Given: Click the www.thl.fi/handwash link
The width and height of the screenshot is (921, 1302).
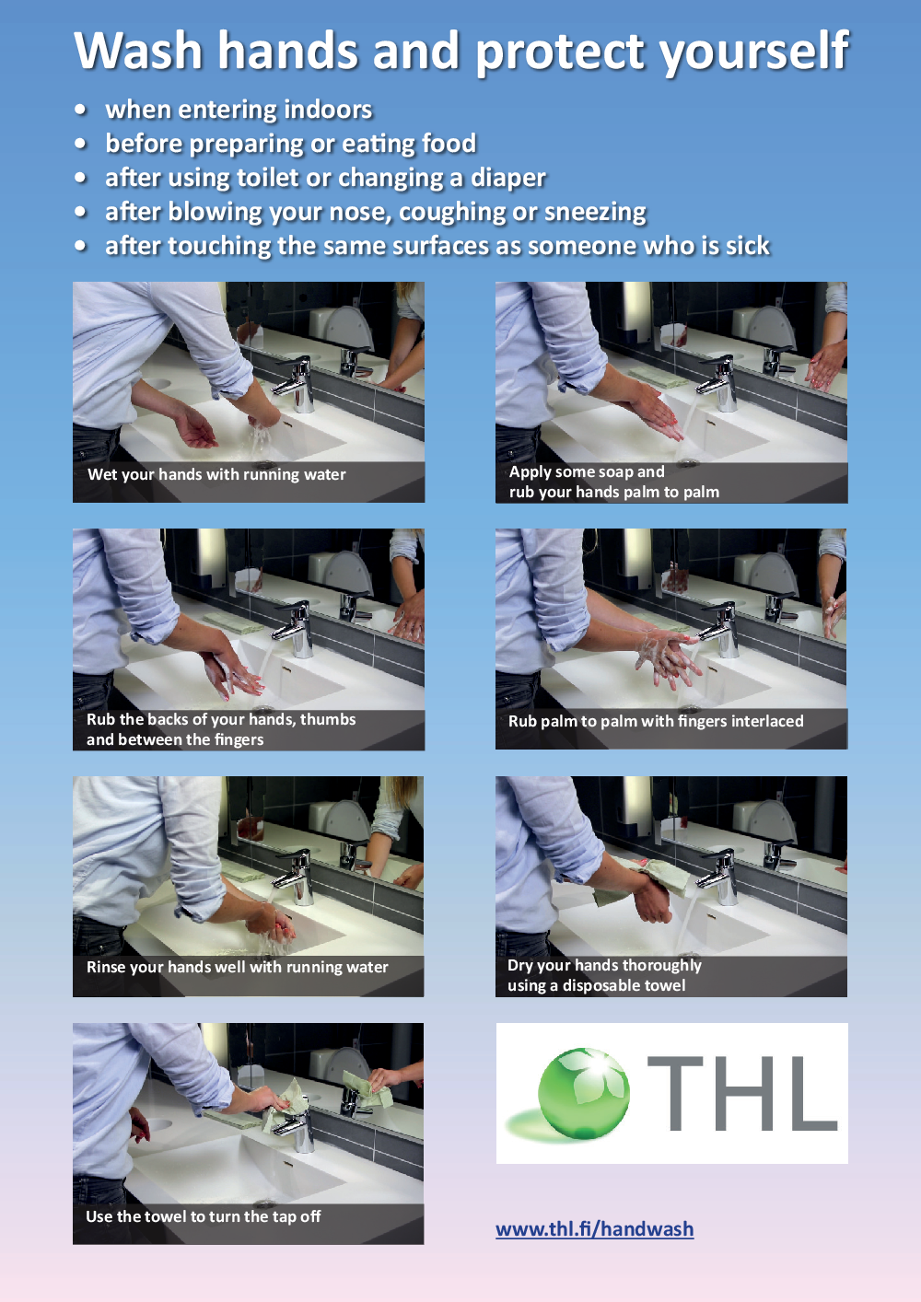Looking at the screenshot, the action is click(x=594, y=1228).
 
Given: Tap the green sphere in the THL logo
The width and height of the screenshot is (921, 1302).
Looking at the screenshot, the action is click(x=583, y=1093).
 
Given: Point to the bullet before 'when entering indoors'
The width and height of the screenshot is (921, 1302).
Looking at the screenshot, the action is click(x=81, y=110).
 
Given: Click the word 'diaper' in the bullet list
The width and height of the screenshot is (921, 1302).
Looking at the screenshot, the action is click(x=508, y=179).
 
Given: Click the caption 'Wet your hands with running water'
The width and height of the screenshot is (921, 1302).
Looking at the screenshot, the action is click(x=216, y=474).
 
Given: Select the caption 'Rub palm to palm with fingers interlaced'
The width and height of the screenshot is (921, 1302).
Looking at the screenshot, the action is click(x=656, y=721).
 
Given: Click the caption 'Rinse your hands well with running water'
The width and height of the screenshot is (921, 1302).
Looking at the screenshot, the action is click(x=238, y=967).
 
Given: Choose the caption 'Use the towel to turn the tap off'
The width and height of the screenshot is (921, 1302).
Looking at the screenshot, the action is click(x=203, y=1216).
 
